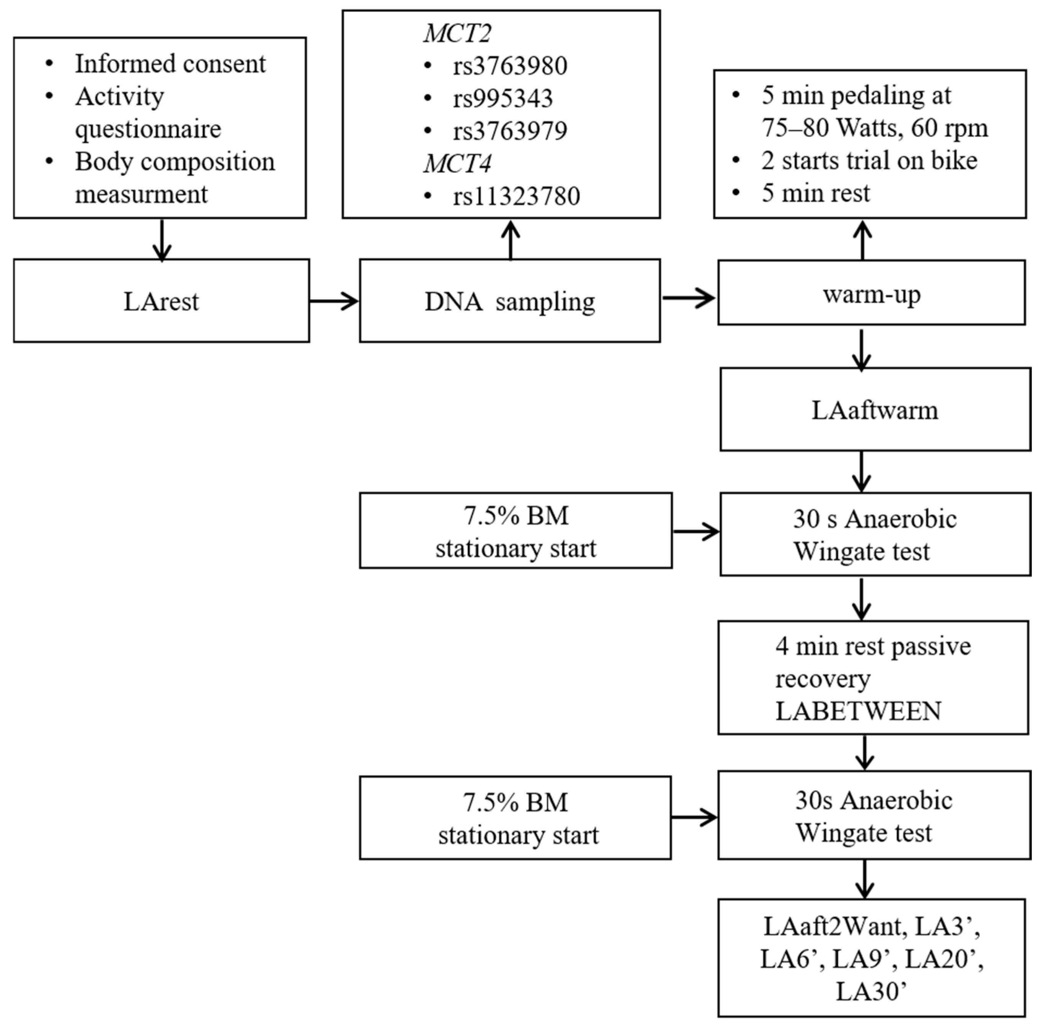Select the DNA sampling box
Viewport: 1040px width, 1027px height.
click(509, 300)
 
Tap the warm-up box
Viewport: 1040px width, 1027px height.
click(871, 293)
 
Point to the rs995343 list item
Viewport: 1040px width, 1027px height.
click(502, 98)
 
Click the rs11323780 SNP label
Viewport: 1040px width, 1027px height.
click(516, 196)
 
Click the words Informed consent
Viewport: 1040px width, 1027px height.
click(170, 64)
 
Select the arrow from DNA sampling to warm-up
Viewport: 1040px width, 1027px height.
click(688, 297)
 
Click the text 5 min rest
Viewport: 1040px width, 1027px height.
click(815, 193)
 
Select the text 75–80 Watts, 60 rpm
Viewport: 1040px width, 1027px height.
click(875, 128)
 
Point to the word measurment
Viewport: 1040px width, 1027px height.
click(141, 194)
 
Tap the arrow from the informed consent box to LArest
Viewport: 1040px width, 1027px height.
click(162, 240)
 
